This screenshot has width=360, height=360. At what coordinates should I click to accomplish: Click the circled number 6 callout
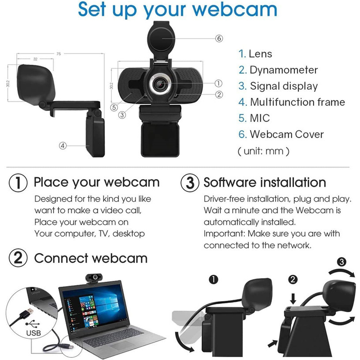(219, 38)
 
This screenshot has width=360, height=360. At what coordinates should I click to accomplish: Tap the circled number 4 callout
(63, 145)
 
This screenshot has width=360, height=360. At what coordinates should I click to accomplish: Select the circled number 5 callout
(114, 108)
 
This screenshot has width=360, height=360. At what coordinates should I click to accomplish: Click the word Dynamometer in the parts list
(283, 70)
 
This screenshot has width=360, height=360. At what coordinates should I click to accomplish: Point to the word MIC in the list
(260, 118)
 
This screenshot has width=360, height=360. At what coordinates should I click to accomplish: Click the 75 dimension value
(59, 54)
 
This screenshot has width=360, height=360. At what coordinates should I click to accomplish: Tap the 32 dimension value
(35, 59)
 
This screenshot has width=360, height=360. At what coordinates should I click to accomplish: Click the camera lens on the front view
(160, 84)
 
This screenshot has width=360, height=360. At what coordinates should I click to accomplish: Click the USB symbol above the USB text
(32, 324)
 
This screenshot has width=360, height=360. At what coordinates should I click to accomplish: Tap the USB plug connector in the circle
(27, 313)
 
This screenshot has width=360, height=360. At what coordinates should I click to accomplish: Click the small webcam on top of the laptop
(94, 278)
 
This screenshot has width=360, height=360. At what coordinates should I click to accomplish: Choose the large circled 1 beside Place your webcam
(18, 183)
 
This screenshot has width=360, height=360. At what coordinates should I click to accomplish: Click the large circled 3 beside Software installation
(189, 183)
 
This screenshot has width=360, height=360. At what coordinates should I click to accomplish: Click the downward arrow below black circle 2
(293, 299)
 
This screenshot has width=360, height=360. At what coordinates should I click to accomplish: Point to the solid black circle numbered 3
(342, 262)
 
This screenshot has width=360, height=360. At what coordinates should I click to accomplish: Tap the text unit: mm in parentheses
(263, 151)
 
